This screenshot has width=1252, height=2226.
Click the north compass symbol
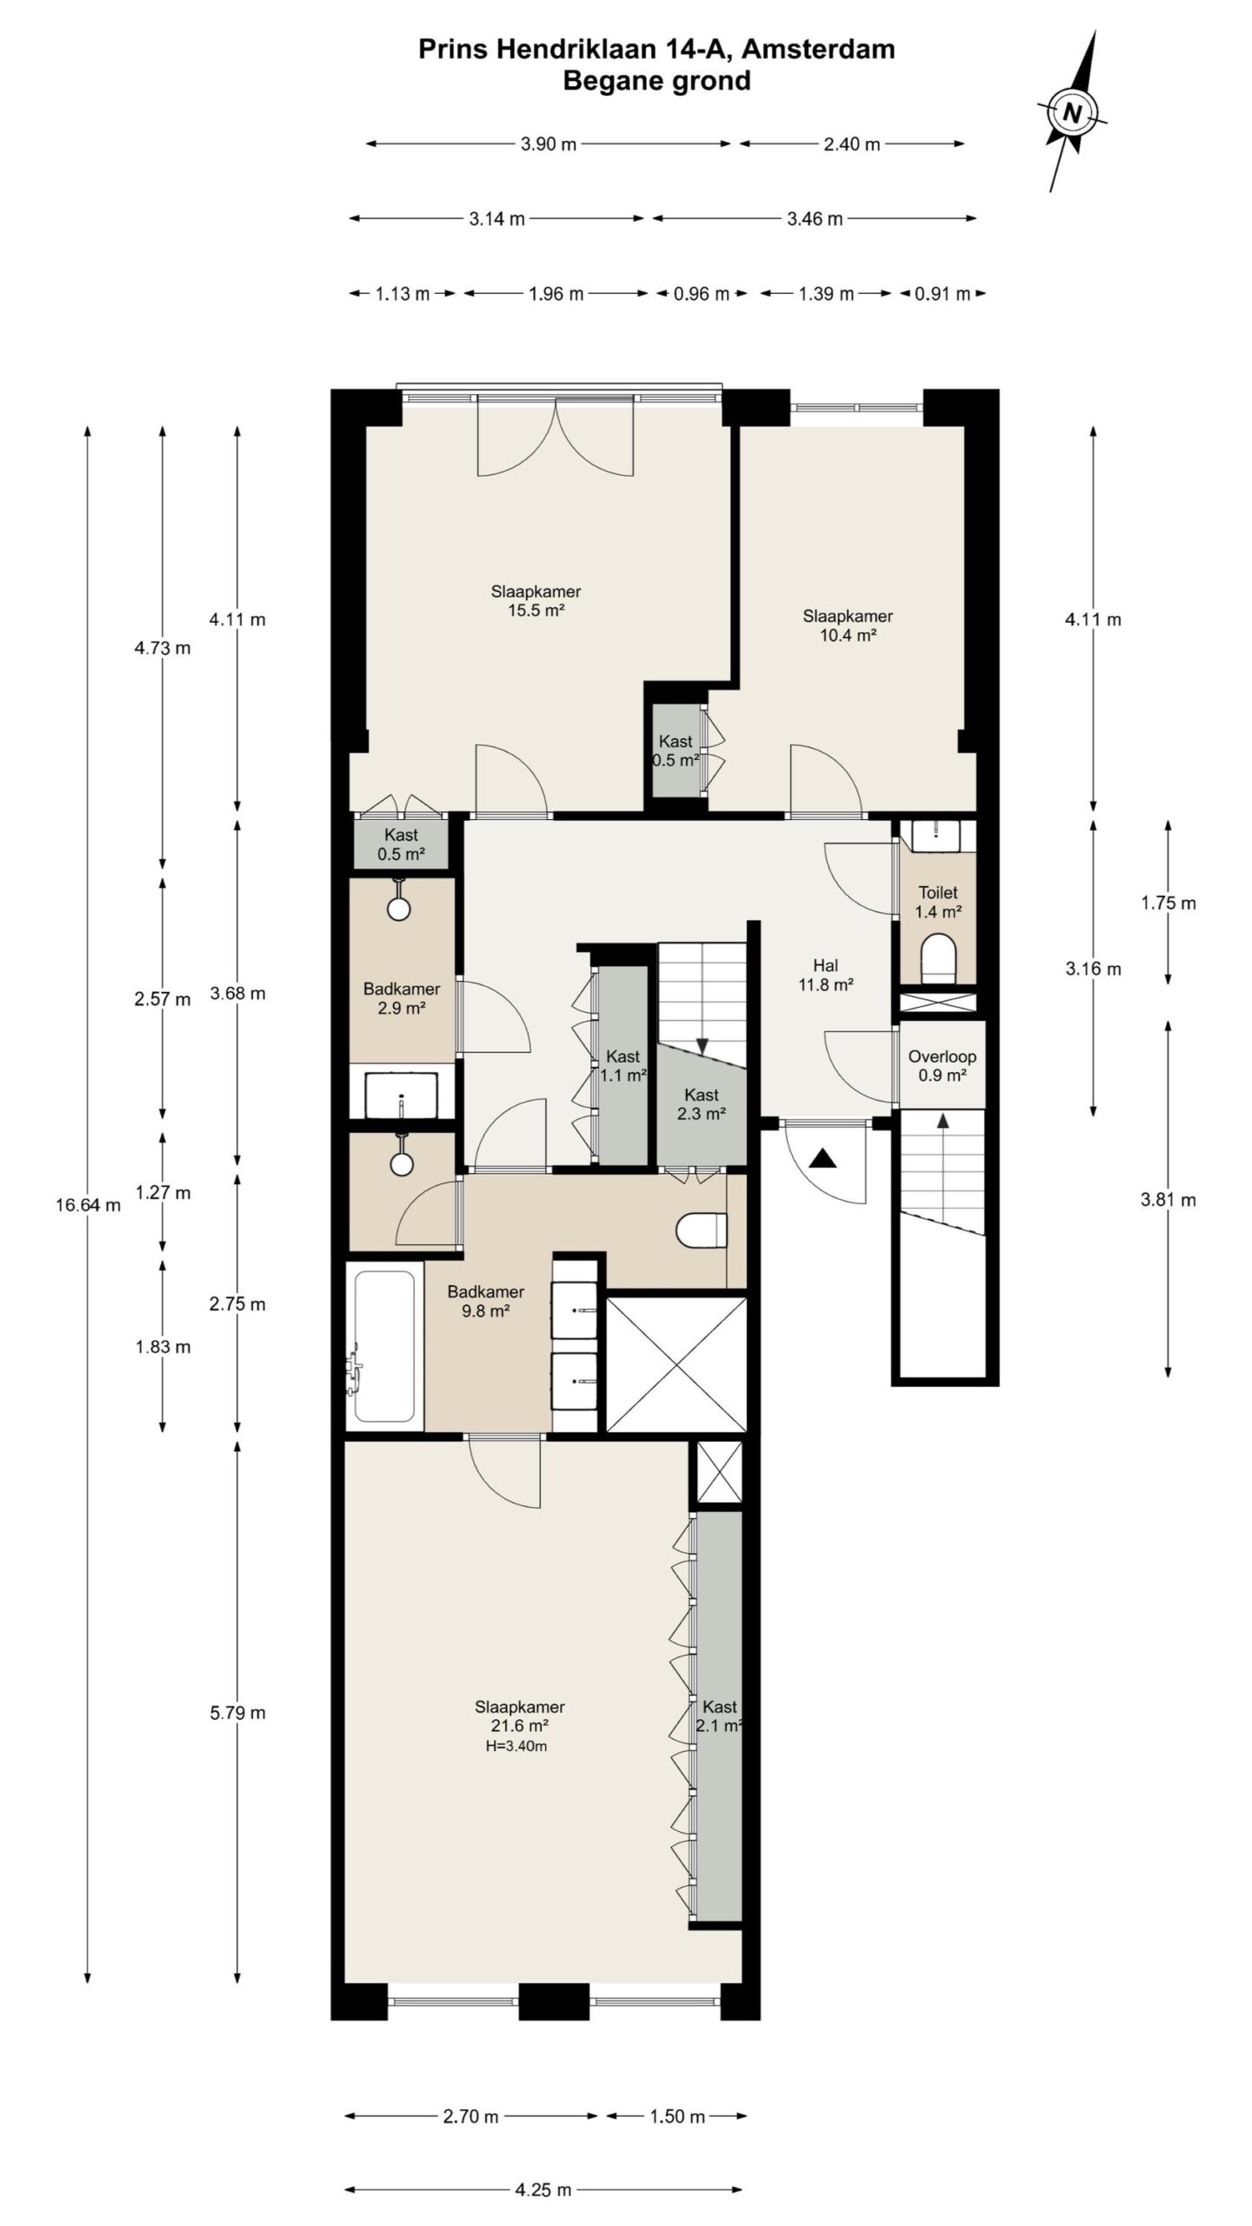click(1071, 113)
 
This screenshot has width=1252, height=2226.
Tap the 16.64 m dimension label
click(88, 1204)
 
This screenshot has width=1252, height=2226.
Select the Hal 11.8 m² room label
click(825, 975)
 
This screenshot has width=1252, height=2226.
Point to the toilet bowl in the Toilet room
click(938, 956)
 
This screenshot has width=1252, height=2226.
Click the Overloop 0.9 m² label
click(942, 1066)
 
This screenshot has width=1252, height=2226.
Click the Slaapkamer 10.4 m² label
click(847, 625)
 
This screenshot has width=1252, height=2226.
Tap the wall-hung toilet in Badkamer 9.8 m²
click(701, 1230)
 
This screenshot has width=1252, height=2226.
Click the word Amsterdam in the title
click(818, 50)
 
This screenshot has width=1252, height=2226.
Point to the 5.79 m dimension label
click(237, 1713)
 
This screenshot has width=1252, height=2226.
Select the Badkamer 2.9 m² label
click(401, 998)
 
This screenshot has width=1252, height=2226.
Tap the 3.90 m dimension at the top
click(548, 144)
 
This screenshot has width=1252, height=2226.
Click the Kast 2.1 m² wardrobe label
click(720, 1716)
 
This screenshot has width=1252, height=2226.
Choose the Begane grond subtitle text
click(656, 81)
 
